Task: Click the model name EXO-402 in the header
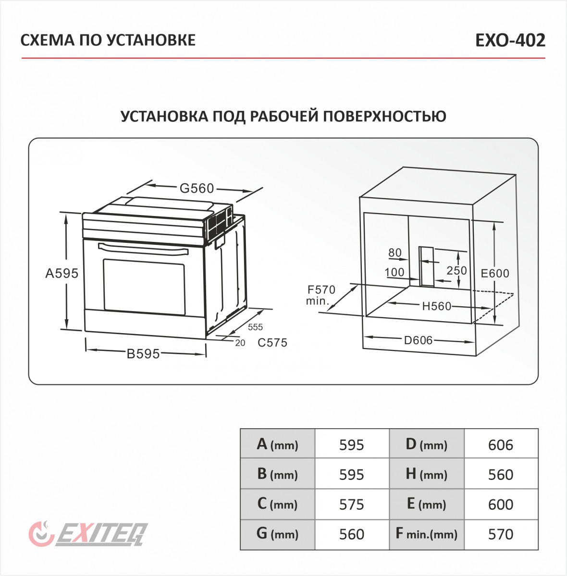pos(510,40)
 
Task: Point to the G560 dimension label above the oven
pos(197,189)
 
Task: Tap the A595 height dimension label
pos(62,273)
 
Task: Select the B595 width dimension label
pos(143,354)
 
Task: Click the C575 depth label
pos(272,343)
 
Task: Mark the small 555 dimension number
pos(255,327)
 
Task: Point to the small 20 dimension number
pos(240,343)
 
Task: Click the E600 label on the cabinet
pos(495,273)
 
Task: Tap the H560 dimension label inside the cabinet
pos(437,306)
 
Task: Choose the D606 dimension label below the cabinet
pos(418,340)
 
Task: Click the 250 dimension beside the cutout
pos(456,270)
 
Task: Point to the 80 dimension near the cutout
pos(394,253)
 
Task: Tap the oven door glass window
pos(144,287)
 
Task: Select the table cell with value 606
pos(501,445)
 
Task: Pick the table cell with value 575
pos(351,504)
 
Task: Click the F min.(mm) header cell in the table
pos(426,534)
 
